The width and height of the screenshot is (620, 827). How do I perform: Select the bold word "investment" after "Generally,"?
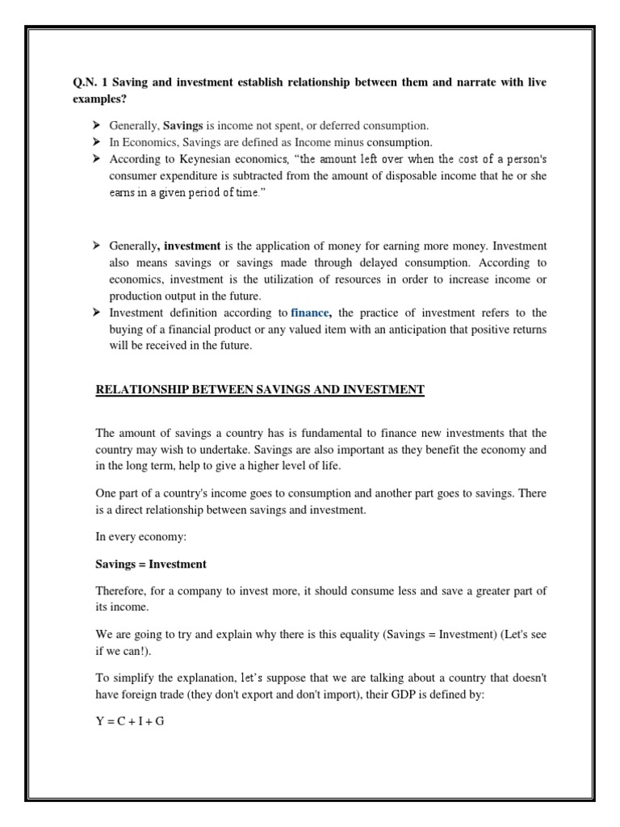click(x=192, y=245)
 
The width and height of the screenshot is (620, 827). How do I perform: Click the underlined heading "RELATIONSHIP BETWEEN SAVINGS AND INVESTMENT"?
click(x=259, y=390)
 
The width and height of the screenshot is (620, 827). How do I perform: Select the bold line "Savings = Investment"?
click(x=151, y=564)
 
